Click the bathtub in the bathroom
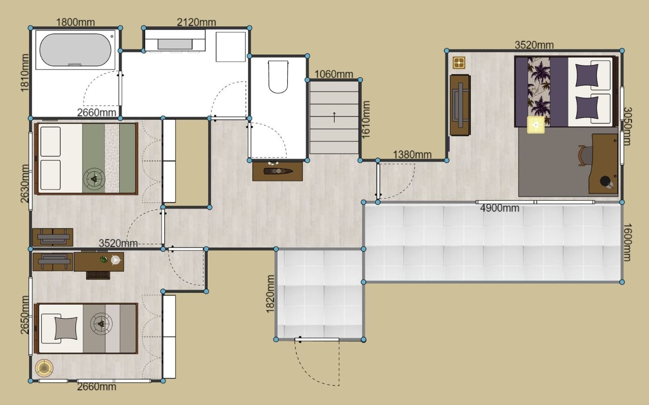[x=75, y=50]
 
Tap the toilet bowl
[x=278, y=77]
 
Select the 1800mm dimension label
[x=75, y=22]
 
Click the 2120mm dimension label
[x=197, y=22]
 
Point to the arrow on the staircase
[x=334, y=117]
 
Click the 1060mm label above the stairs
[x=334, y=75]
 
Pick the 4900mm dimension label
[x=500, y=208]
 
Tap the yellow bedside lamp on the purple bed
[x=536, y=125]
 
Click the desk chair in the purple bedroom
[x=584, y=156]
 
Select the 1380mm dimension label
[x=412, y=155]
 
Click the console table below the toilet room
[x=278, y=171]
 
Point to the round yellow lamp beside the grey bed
[x=44, y=368]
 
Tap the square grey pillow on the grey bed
[x=66, y=328]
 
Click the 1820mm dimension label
[x=270, y=294]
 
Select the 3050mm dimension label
[x=627, y=126]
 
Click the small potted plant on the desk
[x=103, y=260]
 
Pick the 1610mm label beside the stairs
[x=366, y=120]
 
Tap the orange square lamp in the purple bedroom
[x=459, y=63]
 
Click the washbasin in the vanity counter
[x=175, y=44]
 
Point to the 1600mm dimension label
[x=627, y=243]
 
